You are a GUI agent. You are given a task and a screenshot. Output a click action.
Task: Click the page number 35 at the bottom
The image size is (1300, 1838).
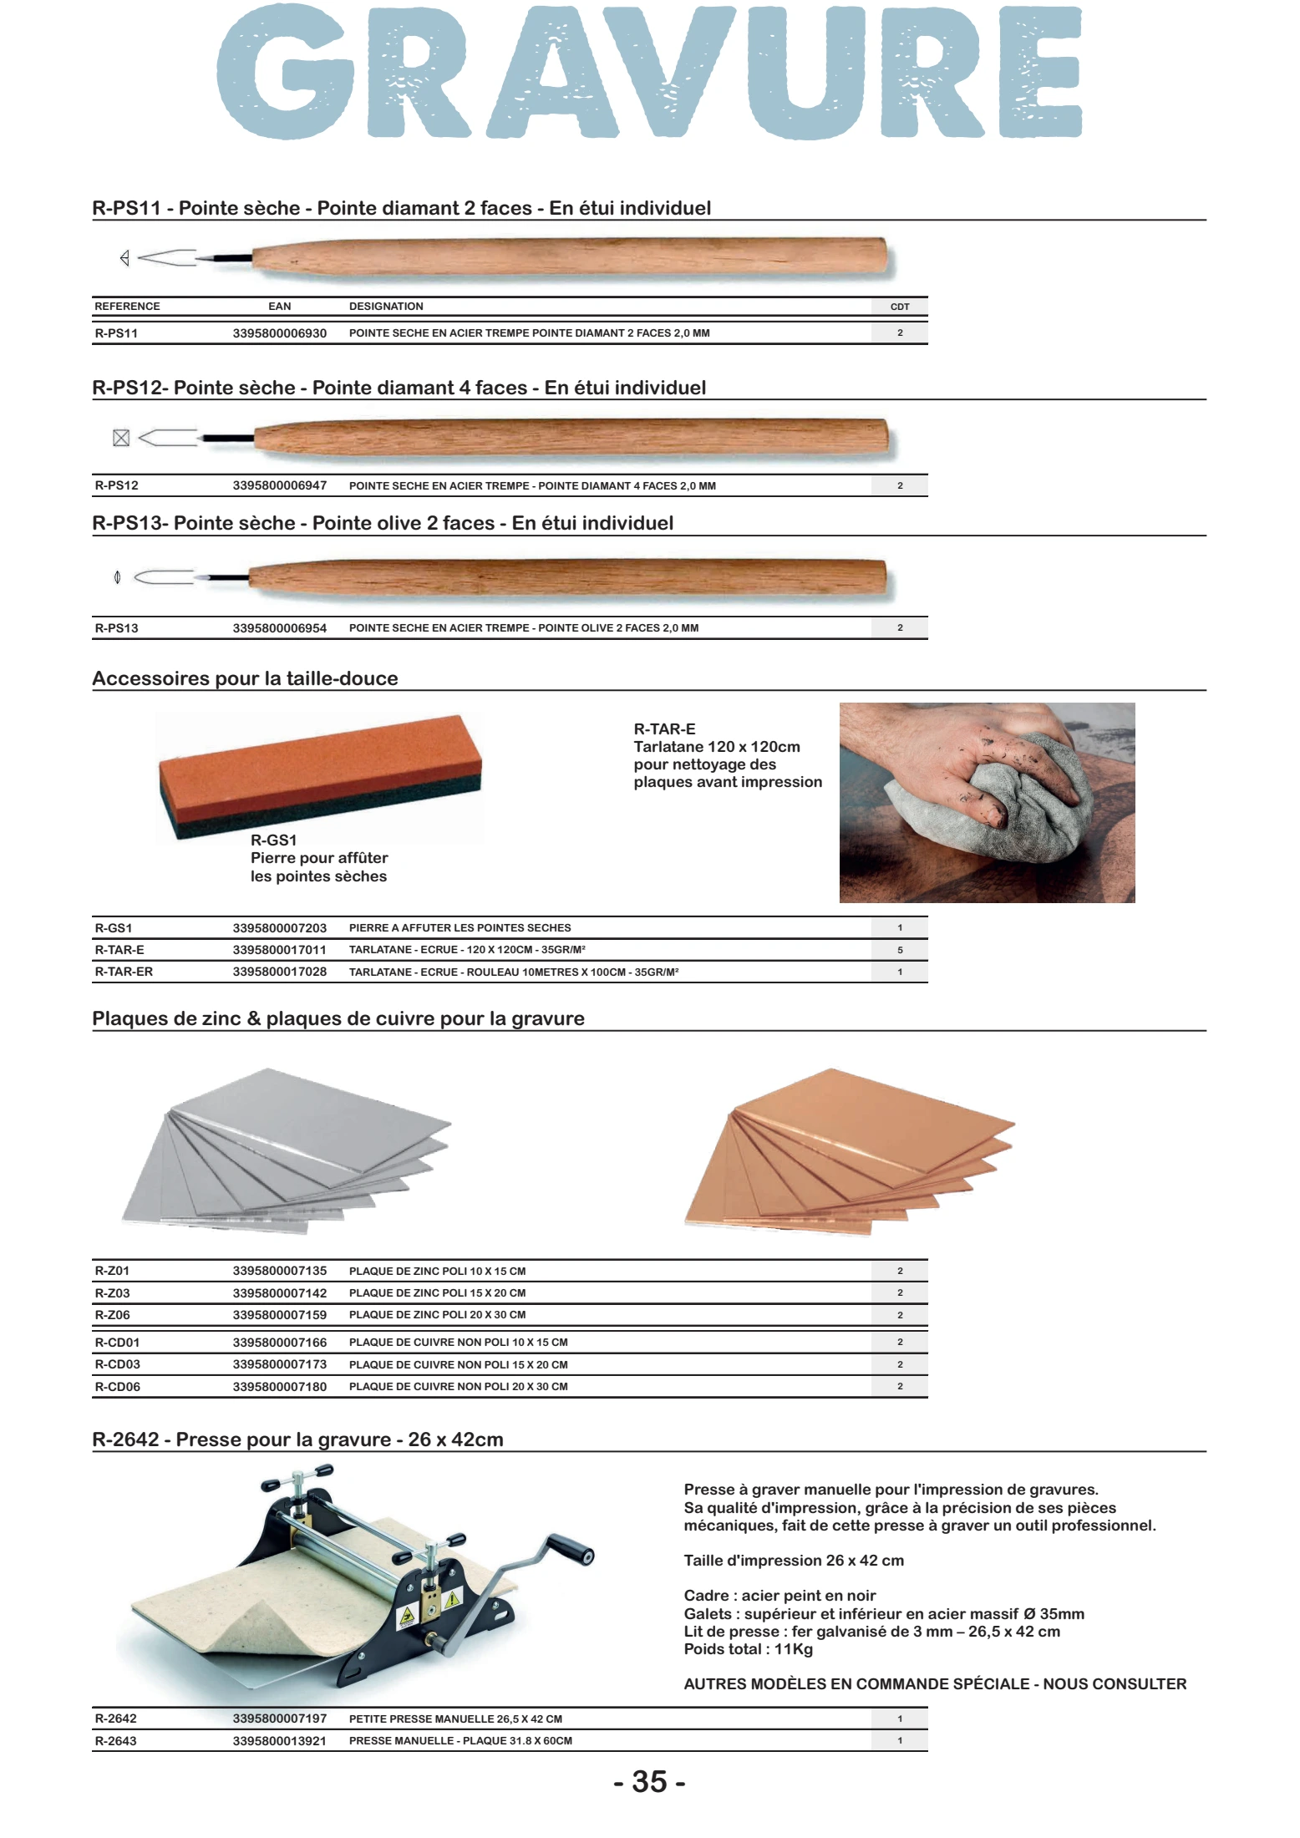coord(649,1782)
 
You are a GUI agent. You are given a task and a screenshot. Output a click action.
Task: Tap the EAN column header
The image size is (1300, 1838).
coord(279,307)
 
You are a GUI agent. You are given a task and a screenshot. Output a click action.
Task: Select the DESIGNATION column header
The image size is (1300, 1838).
coord(386,307)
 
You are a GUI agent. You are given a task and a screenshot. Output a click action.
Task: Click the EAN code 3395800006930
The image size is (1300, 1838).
coord(279,333)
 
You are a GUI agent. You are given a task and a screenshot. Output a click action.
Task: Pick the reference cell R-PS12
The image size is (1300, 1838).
coord(116,485)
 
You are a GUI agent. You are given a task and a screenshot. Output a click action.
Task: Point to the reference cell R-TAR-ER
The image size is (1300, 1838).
coord(124,972)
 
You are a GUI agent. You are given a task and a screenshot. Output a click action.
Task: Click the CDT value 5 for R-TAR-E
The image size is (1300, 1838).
coord(900,950)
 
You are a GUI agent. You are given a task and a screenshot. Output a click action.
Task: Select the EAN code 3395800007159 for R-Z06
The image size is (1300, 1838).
coord(279,1315)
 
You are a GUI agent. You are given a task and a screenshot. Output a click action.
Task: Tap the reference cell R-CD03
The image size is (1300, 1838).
coord(117,1364)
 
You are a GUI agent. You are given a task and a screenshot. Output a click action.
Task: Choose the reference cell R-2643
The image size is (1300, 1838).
coord(115,1741)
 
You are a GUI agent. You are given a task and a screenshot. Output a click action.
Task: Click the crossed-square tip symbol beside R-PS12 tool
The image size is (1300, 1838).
coord(121,438)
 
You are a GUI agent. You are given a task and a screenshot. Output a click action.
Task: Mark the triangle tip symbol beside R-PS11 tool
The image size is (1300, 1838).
coord(124,258)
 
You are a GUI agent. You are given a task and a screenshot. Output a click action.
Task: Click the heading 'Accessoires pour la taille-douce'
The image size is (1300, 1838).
coord(245,678)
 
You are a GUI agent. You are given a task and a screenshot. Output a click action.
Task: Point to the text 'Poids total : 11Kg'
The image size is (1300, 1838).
coord(748,1649)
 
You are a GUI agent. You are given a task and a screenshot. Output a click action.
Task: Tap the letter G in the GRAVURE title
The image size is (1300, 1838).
coord(280,74)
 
